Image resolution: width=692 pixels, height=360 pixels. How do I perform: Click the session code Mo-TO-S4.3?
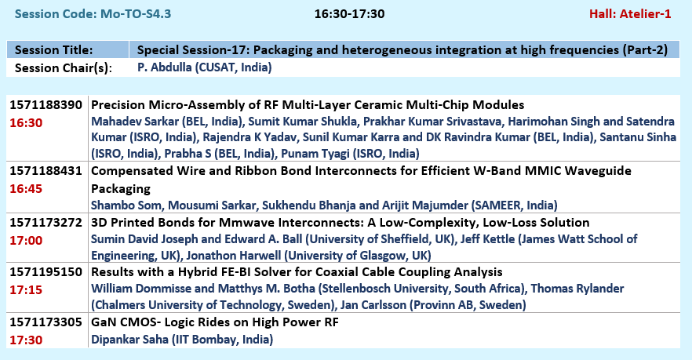pyautogui.click(x=136, y=13)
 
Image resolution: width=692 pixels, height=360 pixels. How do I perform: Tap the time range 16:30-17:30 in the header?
pyautogui.click(x=350, y=13)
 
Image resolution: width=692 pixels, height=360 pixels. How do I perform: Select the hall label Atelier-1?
pyautogui.click(x=645, y=13)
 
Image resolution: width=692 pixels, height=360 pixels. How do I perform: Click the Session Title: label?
pyautogui.click(x=54, y=50)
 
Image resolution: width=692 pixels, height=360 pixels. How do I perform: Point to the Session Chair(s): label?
pyautogui.click(x=63, y=68)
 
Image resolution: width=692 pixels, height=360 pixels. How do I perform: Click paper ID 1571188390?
pyautogui.click(x=46, y=105)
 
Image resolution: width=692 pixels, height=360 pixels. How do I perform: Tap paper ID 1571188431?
pyautogui.click(x=46, y=171)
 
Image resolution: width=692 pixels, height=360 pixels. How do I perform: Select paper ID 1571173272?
pyautogui.click(x=46, y=223)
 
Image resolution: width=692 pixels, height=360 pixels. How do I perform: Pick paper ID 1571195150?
pyautogui.click(x=46, y=271)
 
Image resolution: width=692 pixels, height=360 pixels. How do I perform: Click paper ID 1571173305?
pyautogui.click(x=46, y=322)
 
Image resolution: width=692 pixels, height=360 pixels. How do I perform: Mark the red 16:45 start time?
pyautogui.click(x=26, y=189)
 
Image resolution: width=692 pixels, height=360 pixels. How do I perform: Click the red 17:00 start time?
pyautogui.click(x=26, y=241)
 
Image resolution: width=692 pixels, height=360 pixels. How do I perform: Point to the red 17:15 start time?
pyautogui.click(x=26, y=290)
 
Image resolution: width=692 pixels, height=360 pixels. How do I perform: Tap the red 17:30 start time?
pyautogui.click(x=26, y=340)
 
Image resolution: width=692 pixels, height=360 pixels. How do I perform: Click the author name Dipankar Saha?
pyautogui.click(x=129, y=340)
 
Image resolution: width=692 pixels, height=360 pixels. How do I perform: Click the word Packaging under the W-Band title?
pyautogui.click(x=121, y=189)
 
